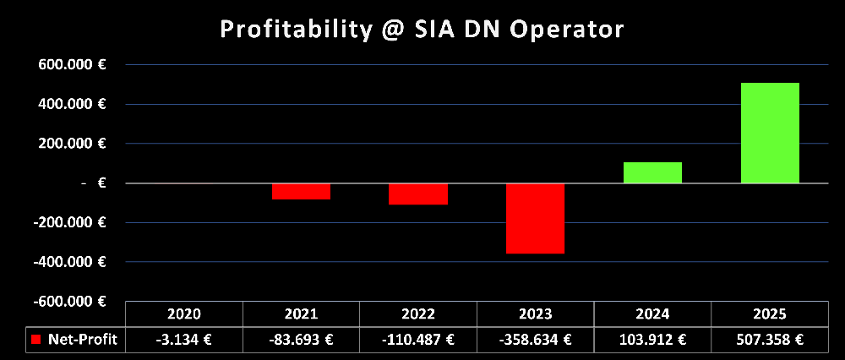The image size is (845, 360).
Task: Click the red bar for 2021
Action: (x=302, y=191)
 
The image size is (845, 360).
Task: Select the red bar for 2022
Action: (x=418, y=194)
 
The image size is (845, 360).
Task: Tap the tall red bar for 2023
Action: (x=536, y=218)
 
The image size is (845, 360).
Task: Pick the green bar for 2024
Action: (x=653, y=172)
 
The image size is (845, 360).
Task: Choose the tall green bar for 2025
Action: (x=770, y=133)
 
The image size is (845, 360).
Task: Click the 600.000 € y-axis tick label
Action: (x=76, y=65)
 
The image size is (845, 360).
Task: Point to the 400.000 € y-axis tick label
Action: (x=76, y=104)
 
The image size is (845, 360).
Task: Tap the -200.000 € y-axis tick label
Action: (x=74, y=222)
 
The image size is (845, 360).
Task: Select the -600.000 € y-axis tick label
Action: (x=74, y=301)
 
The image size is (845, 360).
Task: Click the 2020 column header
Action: (x=184, y=314)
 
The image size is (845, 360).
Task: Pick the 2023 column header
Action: (x=536, y=314)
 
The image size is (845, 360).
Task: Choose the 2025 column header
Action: (x=770, y=314)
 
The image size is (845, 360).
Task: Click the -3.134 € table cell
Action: (x=184, y=340)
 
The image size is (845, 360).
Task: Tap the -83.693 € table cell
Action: (x=302, y=340)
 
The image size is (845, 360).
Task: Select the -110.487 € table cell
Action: (x=418, y=340)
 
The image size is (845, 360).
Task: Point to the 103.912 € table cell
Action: (x=653, y=340)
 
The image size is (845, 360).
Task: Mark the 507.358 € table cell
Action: (x=770, y=340)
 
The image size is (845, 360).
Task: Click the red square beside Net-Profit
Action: (x=36, y=340)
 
